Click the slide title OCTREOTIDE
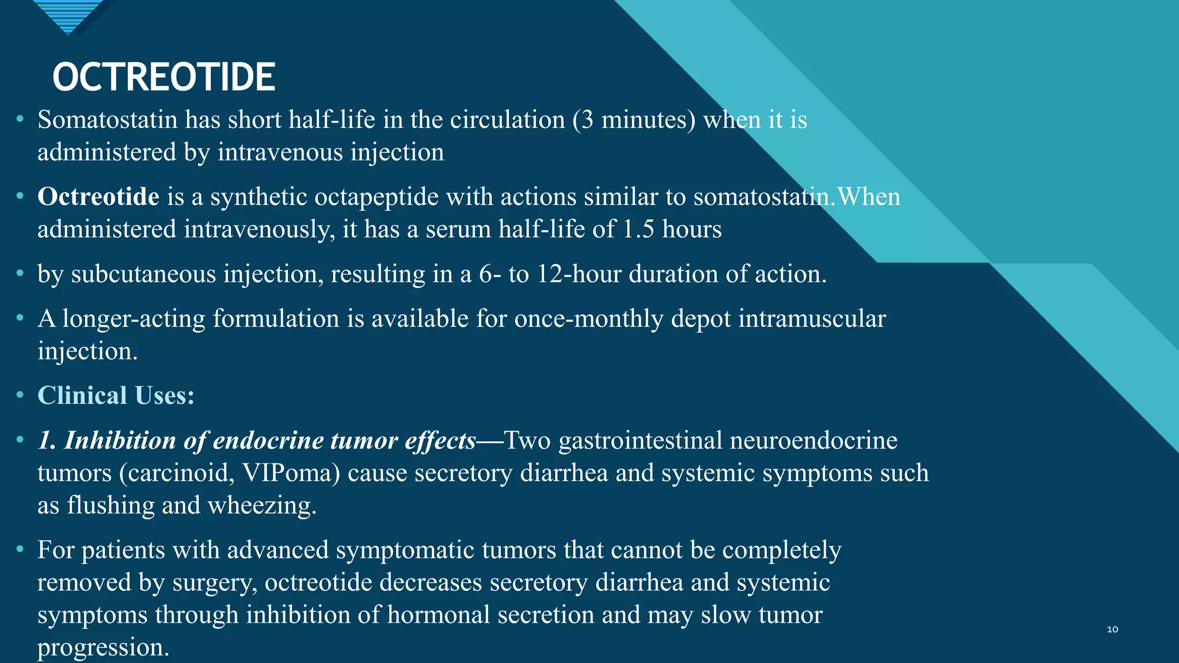[x=164, y=77]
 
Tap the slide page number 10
[x=1112, y=629]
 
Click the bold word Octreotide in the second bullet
[x=98, y=197]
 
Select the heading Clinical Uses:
[x=116, y=395]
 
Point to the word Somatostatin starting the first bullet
[x=108, y=120]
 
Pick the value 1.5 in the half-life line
[x=638, y=229]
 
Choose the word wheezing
[x=262, y=505]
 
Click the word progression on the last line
[x=103, y=647]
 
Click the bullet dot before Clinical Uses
[x=20, y=395]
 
